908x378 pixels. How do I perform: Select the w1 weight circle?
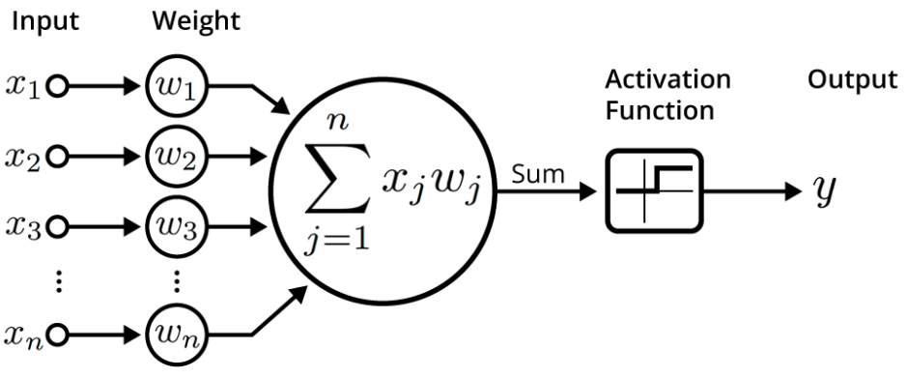pyautogui.click(x=175, y=90)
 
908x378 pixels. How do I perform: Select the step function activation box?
pyautogui.click(x=654, y=189)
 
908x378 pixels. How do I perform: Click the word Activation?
pyautogui.click(x=667, y=78)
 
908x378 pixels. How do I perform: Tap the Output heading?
pyautogui.click(x=852, y=78)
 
